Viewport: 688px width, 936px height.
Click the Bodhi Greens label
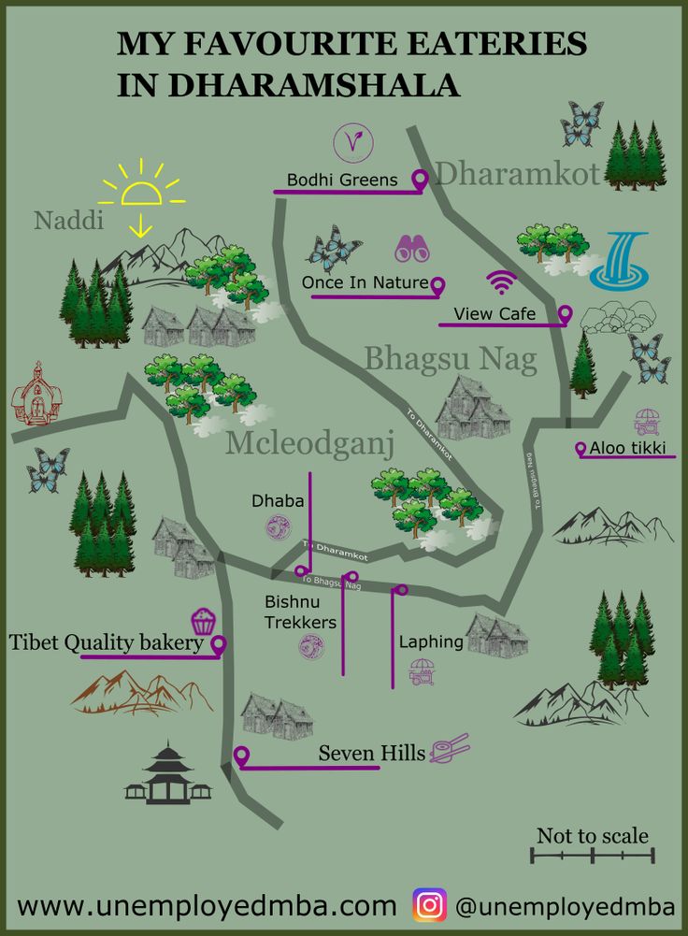pyautogui.click(x=342, y=180)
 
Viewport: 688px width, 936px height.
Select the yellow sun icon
pyautogui.click(x=142, y=191)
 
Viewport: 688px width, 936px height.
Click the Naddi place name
pyautogui.click(x=69, y=221)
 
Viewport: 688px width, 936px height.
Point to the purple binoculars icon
pyautogui.click(x=411, y=248)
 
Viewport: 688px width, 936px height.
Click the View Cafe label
pyautogui.click(x=494, y=313)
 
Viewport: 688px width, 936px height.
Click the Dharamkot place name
pyautogui.click(x=517, y=174)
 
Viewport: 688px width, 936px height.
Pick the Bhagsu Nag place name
pyautogui.click(x=451, y=358)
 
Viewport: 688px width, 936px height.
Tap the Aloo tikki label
pyautogui.click(x=627, y=449)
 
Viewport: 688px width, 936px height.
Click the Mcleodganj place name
pyautogui.click(x=309, y=444)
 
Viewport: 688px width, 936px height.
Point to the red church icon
pyautogui.click(x=36, y=395)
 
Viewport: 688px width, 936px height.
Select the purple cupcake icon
pyautogui.click(x=203, y=621)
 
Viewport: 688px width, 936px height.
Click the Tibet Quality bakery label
pyautogui.click(x=107, y=643)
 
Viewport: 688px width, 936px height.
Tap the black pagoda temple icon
pyautogui.click(x=168, y=774)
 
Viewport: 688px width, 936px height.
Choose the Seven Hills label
pyautogui.click(x=372, y=753)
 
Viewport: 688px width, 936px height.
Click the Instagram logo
pyautogui.click(x=430, y=905)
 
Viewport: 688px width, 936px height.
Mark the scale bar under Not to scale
pyautogui.click(x=593, y=856)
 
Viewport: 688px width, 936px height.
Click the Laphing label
pyautogui.click(x=431, y=642)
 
